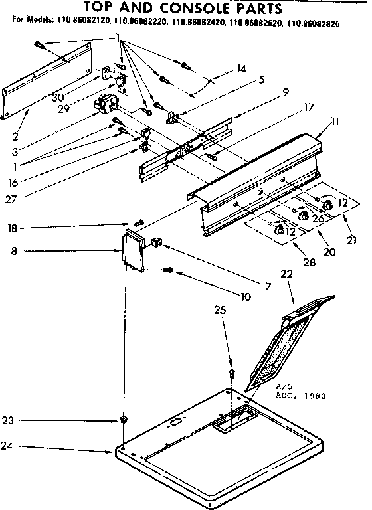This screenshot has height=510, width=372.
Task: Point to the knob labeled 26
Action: click(x=300, y=215)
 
